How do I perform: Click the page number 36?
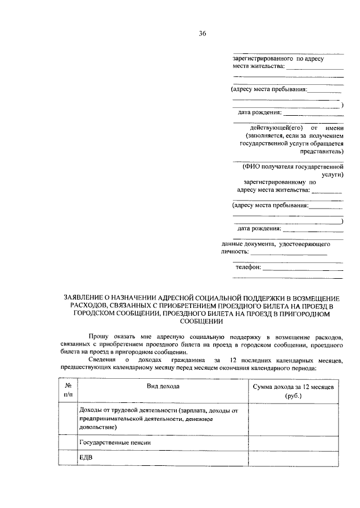[202, 33]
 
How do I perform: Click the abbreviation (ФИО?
[251, 167]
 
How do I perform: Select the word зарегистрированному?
[274, 182]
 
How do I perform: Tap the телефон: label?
[248, 267]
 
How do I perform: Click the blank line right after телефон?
[303, 269]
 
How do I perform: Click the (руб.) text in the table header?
[292, 396]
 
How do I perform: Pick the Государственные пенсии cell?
[115, 443]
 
